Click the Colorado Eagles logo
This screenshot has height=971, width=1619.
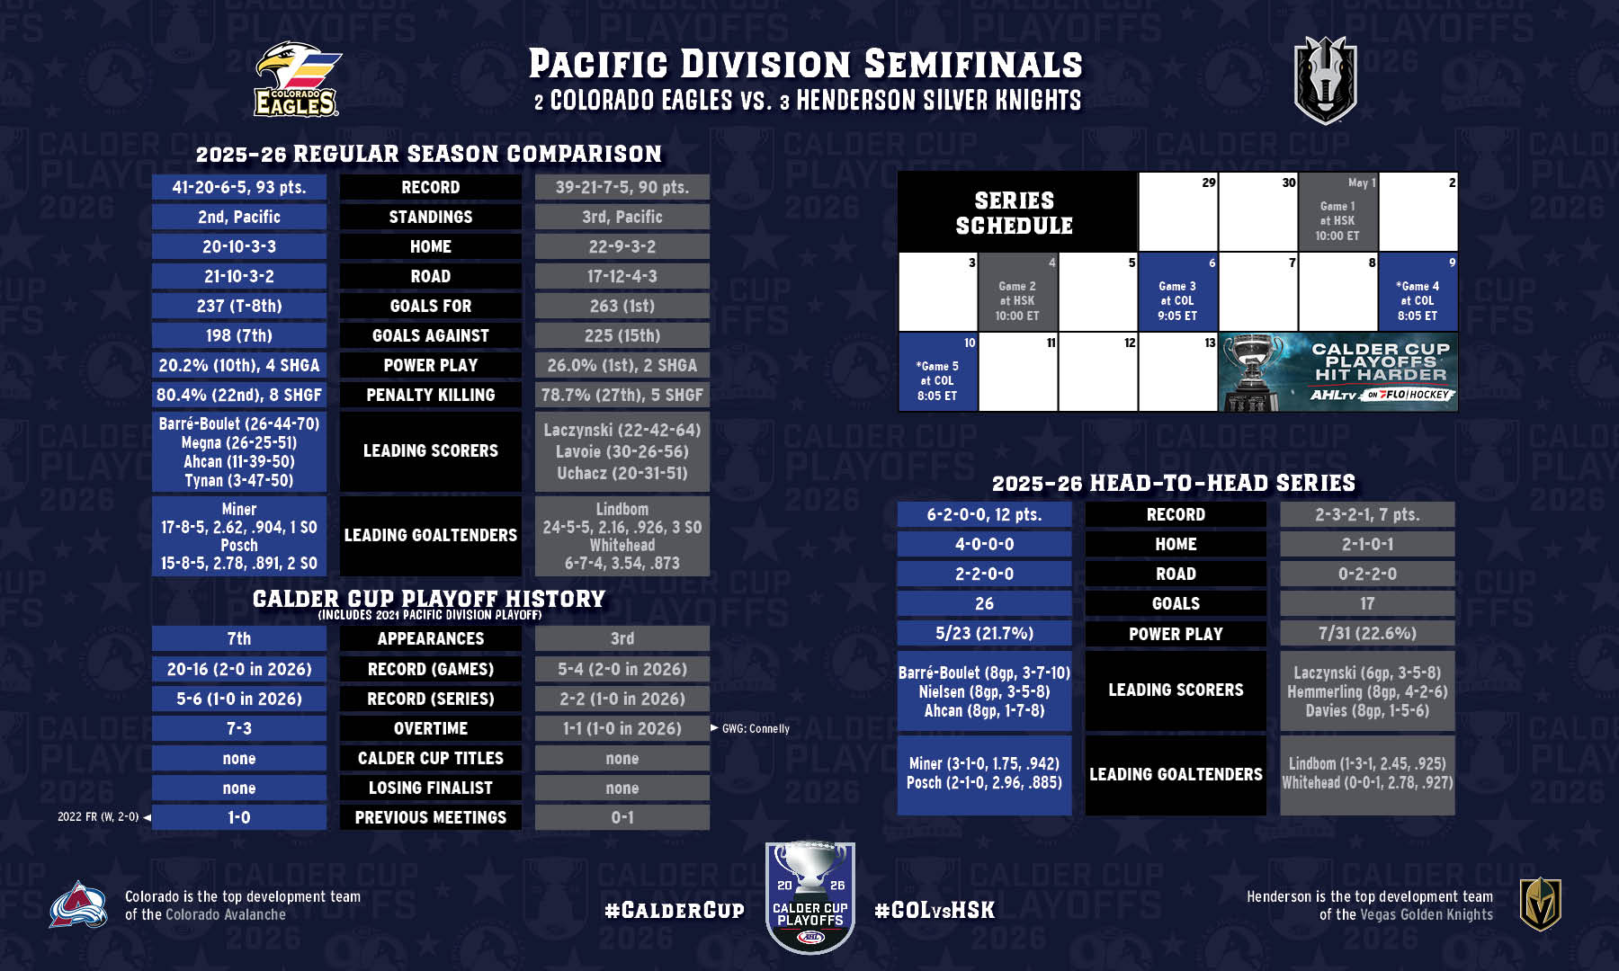pos(297,79)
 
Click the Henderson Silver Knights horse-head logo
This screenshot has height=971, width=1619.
pos(1325,80)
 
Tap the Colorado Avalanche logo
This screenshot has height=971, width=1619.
pos(78,904)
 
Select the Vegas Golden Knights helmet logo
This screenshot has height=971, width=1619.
pos(1541,904)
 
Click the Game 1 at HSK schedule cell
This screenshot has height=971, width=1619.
pos(1337,211)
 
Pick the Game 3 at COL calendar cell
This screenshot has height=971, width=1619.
pos(1177,291)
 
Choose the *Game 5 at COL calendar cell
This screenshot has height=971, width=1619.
pos(937,371)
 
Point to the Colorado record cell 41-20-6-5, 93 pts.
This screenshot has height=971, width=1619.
pos(239,187)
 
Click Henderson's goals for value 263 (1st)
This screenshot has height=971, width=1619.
pos(622,306)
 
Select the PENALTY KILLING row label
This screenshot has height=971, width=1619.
pos(431,395)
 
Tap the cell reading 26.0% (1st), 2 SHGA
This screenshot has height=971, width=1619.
pos(622,365)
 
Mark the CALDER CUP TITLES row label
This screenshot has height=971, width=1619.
pos(431,758)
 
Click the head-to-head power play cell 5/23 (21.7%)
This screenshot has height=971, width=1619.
pos(985,633)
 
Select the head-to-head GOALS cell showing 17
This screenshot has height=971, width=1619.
pos(1367,603)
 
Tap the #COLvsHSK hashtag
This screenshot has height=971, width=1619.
pos(935,910)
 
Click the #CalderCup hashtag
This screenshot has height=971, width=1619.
pos(675,911)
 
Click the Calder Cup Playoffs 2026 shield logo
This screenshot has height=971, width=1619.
pos(810,897)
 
